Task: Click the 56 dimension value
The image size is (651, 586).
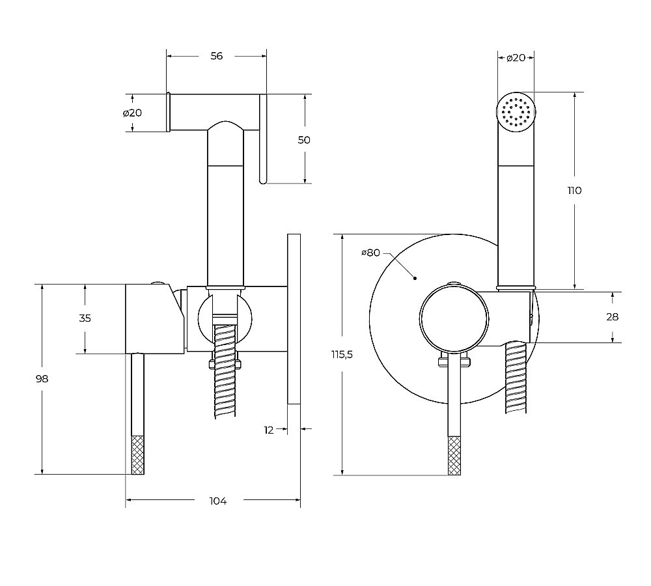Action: point(217,56)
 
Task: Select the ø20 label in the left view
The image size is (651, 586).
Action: point(132,113)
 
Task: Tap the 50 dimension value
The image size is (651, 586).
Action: point(304,140)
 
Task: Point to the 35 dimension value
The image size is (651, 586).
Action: point(85,318)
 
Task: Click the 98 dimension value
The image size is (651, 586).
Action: point(42,379)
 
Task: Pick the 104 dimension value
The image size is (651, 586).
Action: point(217,501)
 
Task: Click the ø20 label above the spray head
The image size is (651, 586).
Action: point(516,58)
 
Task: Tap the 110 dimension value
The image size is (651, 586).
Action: point(574,191)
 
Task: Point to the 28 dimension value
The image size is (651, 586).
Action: point(612,317)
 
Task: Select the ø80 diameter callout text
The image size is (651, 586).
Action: point(370,253)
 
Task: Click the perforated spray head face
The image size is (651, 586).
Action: point(516,111)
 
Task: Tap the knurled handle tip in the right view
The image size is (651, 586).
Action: point(455,455)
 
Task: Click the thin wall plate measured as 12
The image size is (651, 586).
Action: point(294,319)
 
